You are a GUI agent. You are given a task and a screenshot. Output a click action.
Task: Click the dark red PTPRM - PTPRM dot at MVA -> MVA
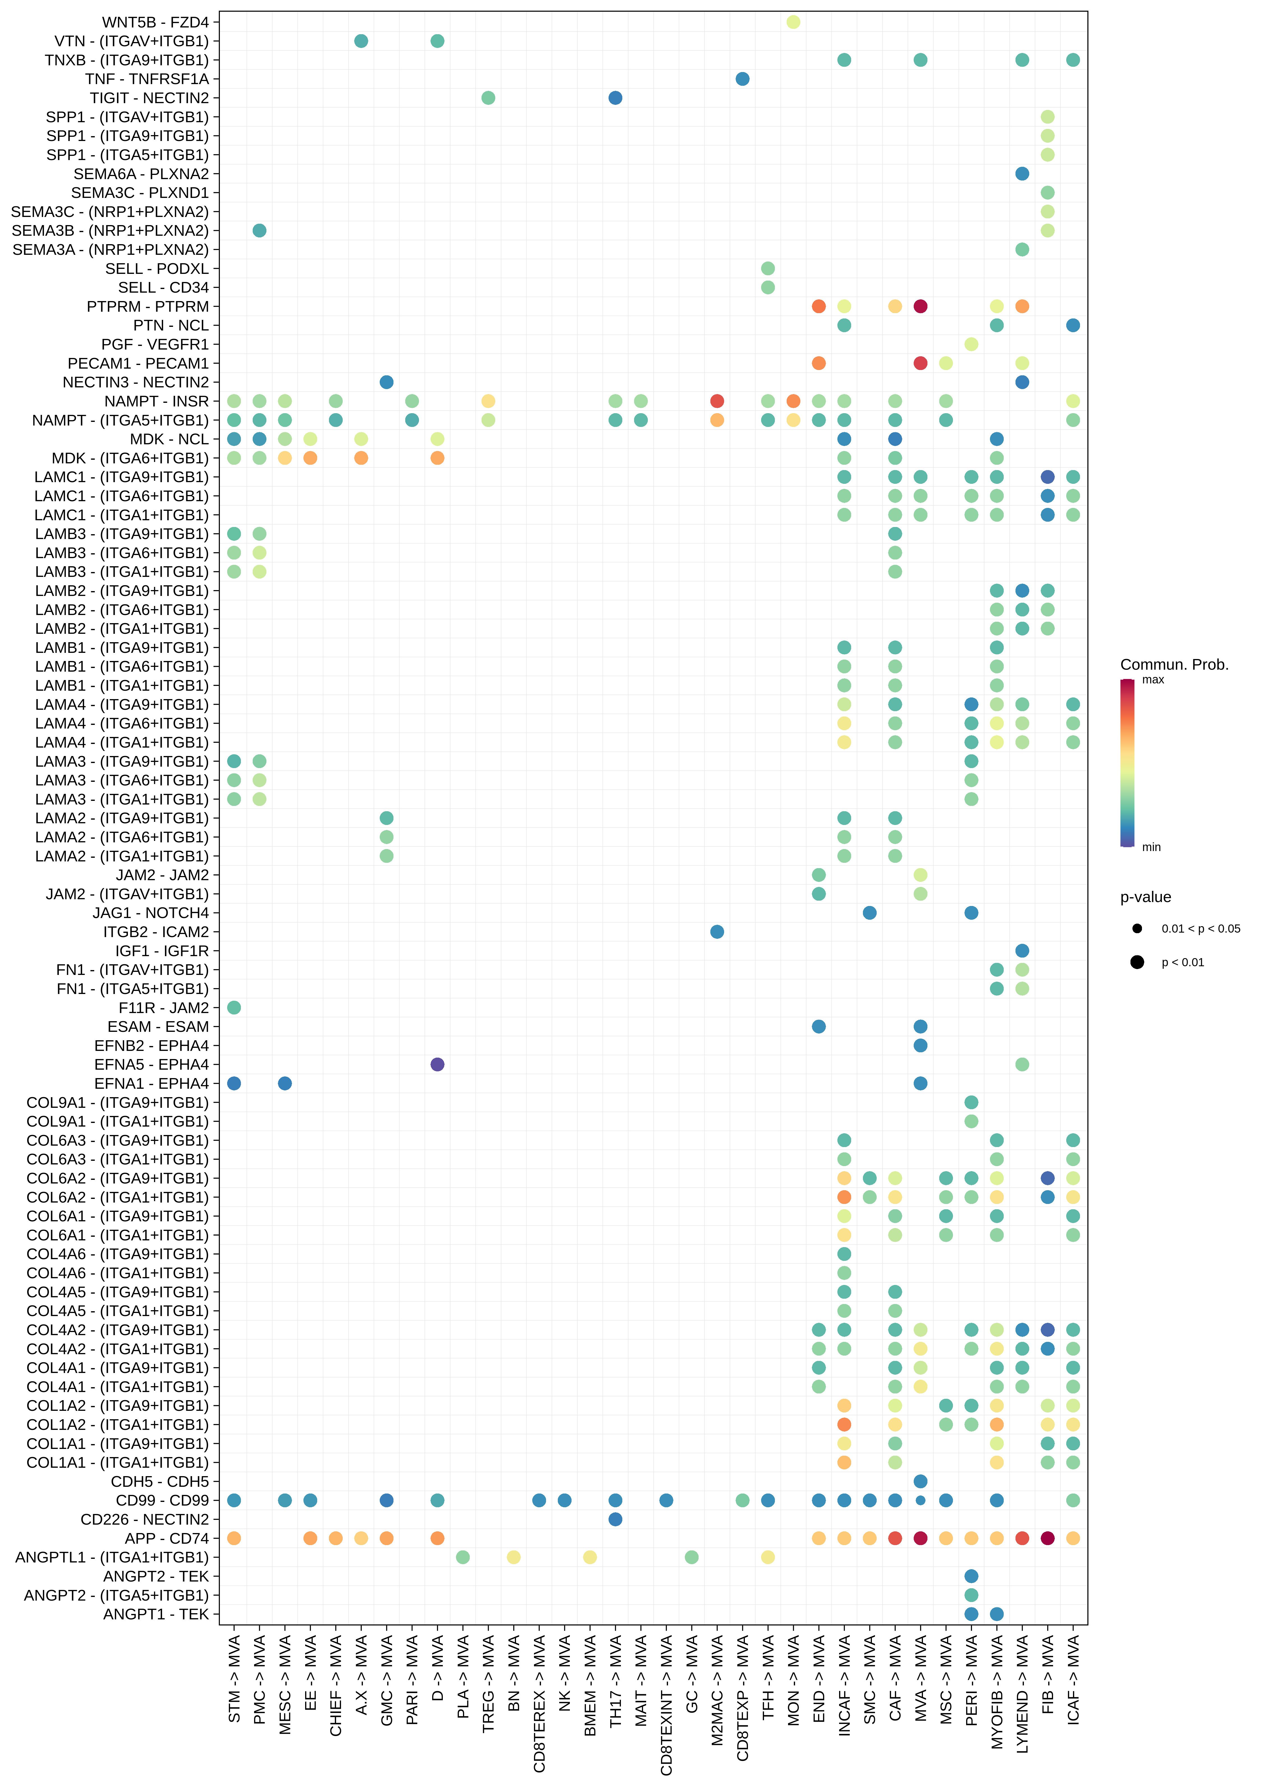coord(920,306)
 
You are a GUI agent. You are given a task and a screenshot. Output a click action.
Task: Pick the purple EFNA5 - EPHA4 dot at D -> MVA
coord(437,1064)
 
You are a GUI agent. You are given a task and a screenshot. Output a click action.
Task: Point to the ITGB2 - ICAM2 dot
coord(717,932)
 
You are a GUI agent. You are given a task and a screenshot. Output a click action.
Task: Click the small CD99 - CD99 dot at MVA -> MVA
coord(920,1500)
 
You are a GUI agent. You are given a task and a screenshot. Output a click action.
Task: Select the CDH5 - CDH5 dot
coord(920,1481)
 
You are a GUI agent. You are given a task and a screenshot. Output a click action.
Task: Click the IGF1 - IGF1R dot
coord(1022,950)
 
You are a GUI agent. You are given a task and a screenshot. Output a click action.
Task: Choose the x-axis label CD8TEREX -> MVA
coord(539,1703)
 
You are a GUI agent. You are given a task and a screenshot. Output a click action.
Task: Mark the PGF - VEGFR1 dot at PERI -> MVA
coord(971,344)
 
